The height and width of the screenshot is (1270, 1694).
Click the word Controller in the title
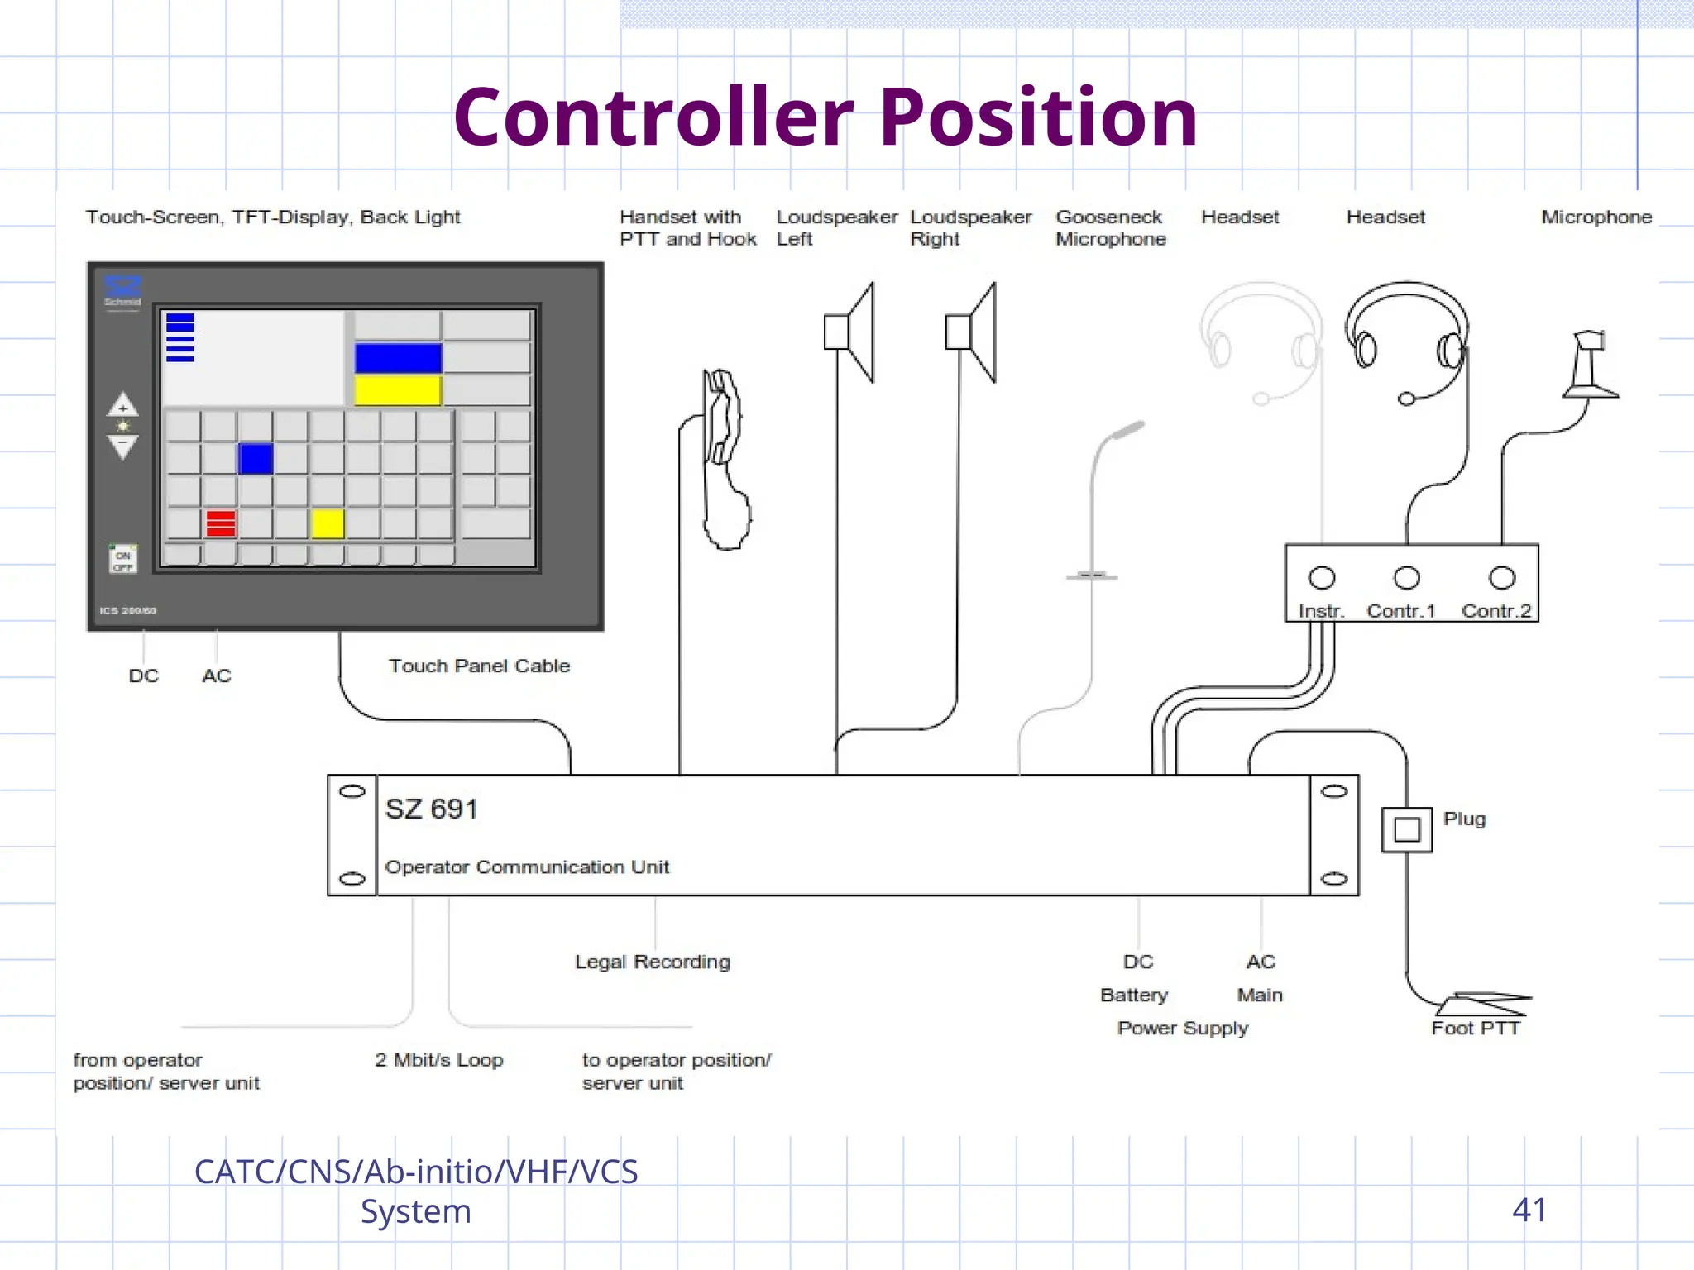(653, 118)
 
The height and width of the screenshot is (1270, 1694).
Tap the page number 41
(1529, 1210)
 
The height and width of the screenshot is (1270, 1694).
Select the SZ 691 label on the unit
(431, 809)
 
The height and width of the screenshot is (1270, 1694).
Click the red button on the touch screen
(221, 523)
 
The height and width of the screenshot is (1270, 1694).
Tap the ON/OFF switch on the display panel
(122, 560)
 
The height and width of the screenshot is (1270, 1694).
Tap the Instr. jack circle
(1322, 578)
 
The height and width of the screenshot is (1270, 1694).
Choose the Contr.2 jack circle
(1502, 578)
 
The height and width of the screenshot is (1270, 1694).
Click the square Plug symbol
(1406, 829)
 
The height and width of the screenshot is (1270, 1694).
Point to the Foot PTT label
(1476, 1029)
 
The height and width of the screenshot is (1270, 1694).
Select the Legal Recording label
(653, 962)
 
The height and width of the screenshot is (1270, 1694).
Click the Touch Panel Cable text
(479, 666)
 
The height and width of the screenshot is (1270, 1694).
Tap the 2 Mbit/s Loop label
(438, 1060)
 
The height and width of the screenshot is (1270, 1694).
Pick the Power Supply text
(1182, 1029)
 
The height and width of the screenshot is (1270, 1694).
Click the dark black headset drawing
(1406, 339)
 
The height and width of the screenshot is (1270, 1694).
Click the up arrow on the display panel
(122, 405)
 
